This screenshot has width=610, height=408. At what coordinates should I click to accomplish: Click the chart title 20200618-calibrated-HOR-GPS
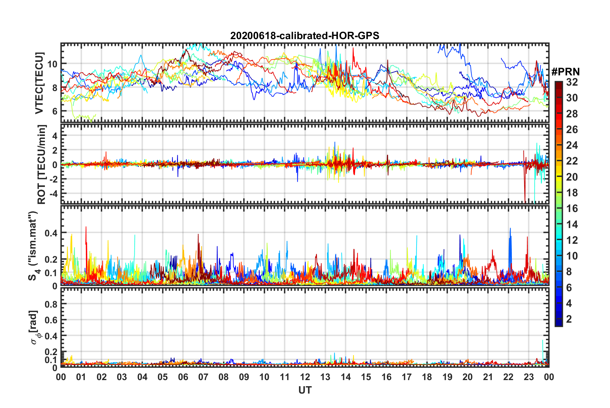point(305,36)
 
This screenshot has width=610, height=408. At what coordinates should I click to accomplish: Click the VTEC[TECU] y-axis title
point(39,83)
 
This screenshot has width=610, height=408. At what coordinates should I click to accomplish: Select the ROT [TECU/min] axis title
point(42,165)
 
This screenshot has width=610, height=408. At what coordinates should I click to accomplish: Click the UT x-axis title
point(305,390)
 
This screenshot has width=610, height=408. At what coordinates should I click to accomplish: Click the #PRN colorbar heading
point(565,72)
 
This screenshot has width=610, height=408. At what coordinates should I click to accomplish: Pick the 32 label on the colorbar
point(572,82)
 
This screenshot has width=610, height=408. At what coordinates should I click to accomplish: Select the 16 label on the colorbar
point(572,208)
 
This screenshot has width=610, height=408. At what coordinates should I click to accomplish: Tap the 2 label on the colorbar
point(569,319)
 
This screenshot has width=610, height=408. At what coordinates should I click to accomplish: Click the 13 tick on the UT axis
point(325,377)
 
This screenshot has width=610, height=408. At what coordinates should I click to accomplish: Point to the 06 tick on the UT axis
point(183,377)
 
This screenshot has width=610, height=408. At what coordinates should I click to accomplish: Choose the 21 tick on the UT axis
point(488,377)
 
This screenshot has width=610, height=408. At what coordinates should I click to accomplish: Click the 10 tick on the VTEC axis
point(52,64)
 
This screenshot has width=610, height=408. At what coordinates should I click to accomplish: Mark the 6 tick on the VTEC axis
point(55,111)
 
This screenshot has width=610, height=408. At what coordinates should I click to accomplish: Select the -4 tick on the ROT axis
point(52,193)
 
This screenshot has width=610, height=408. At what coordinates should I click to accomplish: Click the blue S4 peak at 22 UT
point(510,229)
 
